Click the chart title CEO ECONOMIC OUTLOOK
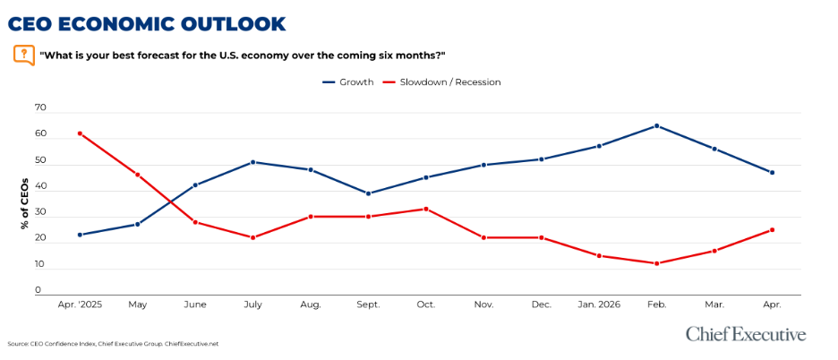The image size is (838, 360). pyautogui.click(x=147, y=23)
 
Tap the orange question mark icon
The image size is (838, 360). pyautogui.click(x=24, y=55)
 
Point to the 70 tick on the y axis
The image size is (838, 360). pyautogui.click(x=39, y=107)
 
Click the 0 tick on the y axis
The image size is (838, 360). pyautogui.click(x=38, y=290)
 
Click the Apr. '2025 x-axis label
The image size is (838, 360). pyautogui.click(x=80, y=304)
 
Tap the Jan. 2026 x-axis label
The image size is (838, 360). pyautogui.click(x=598, y=304)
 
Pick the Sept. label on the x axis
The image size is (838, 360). pyautogui.click(x=368, y=304)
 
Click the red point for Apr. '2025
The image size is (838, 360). pyautogui.click(x=80, y=133)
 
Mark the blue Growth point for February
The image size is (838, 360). pyautogui.click(x=656, y=125)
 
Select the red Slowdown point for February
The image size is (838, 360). pyautogui.click(x=656, y=263)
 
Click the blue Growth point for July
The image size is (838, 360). pyautogui.click(x=253, y=162)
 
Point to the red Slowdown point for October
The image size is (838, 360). pyautogui.click(x=426, y=209)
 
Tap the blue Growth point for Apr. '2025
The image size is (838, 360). pyautogui.click(x=80, y=235)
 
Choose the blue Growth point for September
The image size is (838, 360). pyautogui.click(x=368, y=193)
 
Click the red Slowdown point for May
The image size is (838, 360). pyautogui.click(x=138, y=175)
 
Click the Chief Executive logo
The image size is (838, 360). pyautogui.click(x=746, y=334)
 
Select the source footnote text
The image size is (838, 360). pyautogui.click(x=113, y=343)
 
